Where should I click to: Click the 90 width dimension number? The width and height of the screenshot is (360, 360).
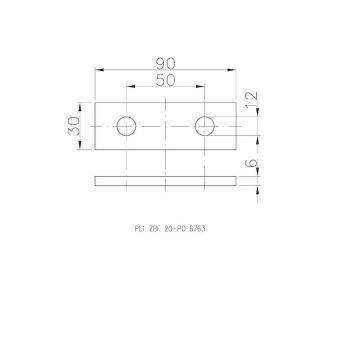[167, 60]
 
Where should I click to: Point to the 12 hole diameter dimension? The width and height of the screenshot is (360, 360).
[252, 103]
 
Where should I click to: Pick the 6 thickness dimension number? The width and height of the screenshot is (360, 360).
[252, 167]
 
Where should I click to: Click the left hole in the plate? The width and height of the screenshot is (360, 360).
[127, 126]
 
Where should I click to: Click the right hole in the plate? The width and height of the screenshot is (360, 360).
[206, 126]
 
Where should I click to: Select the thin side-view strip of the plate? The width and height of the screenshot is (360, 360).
[167, 182]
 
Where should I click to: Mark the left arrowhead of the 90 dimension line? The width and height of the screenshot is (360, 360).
[97, 69]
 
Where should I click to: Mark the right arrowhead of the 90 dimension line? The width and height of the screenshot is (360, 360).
[237, 69]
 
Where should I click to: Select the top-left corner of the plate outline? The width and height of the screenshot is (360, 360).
[95, 103]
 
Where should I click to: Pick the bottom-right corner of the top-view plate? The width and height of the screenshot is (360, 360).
[239, 150]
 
